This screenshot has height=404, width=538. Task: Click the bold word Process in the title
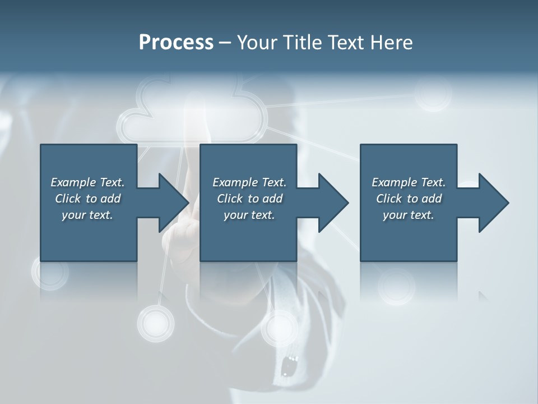[x=176, y=43]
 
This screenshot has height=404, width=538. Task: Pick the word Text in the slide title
[x=347, y=43]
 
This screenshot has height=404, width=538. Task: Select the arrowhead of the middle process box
[x=332, y=203]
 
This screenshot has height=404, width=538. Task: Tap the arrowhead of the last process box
[x=493, y=203]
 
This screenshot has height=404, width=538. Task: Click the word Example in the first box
[x=73, y=182]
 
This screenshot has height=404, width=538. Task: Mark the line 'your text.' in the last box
[x=409, y=215]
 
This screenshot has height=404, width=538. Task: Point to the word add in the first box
[x=111, y=199]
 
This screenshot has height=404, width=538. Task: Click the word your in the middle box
[x=235, y=215]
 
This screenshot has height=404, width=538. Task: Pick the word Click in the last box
[x=389, y=199]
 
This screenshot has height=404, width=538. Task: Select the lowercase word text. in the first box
[x=101, y=215]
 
